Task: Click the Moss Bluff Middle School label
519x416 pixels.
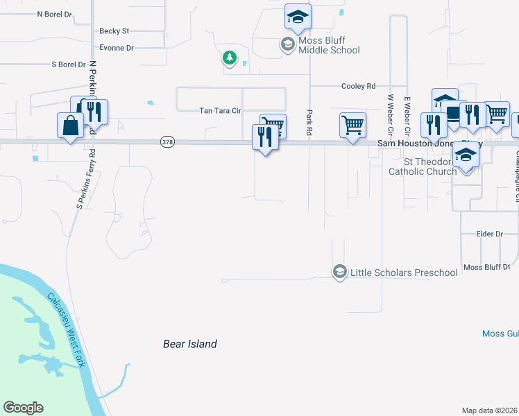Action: click(329, 45)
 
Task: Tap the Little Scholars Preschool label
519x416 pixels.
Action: click(404, 272)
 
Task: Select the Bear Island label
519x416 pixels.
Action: click(190, 344)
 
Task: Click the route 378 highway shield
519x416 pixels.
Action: click(167, 142)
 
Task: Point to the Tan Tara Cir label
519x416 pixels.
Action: click(220, 110)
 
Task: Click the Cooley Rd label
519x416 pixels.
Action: click(358, 86)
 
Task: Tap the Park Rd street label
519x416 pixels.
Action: click(309, 122)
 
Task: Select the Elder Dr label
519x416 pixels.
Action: click(489, 234)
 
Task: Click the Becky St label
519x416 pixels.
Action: click(114, 31)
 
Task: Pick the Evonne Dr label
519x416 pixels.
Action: click(116, 48)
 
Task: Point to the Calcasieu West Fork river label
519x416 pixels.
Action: click(66, 327)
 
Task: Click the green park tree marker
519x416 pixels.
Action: click(230, 58)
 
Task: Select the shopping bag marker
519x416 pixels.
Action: click(70, 126)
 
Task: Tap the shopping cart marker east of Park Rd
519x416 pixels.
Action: click(353, 125)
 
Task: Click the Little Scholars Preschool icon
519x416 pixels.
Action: click(339, 270)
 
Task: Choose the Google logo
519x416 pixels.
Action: click(24, 408)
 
